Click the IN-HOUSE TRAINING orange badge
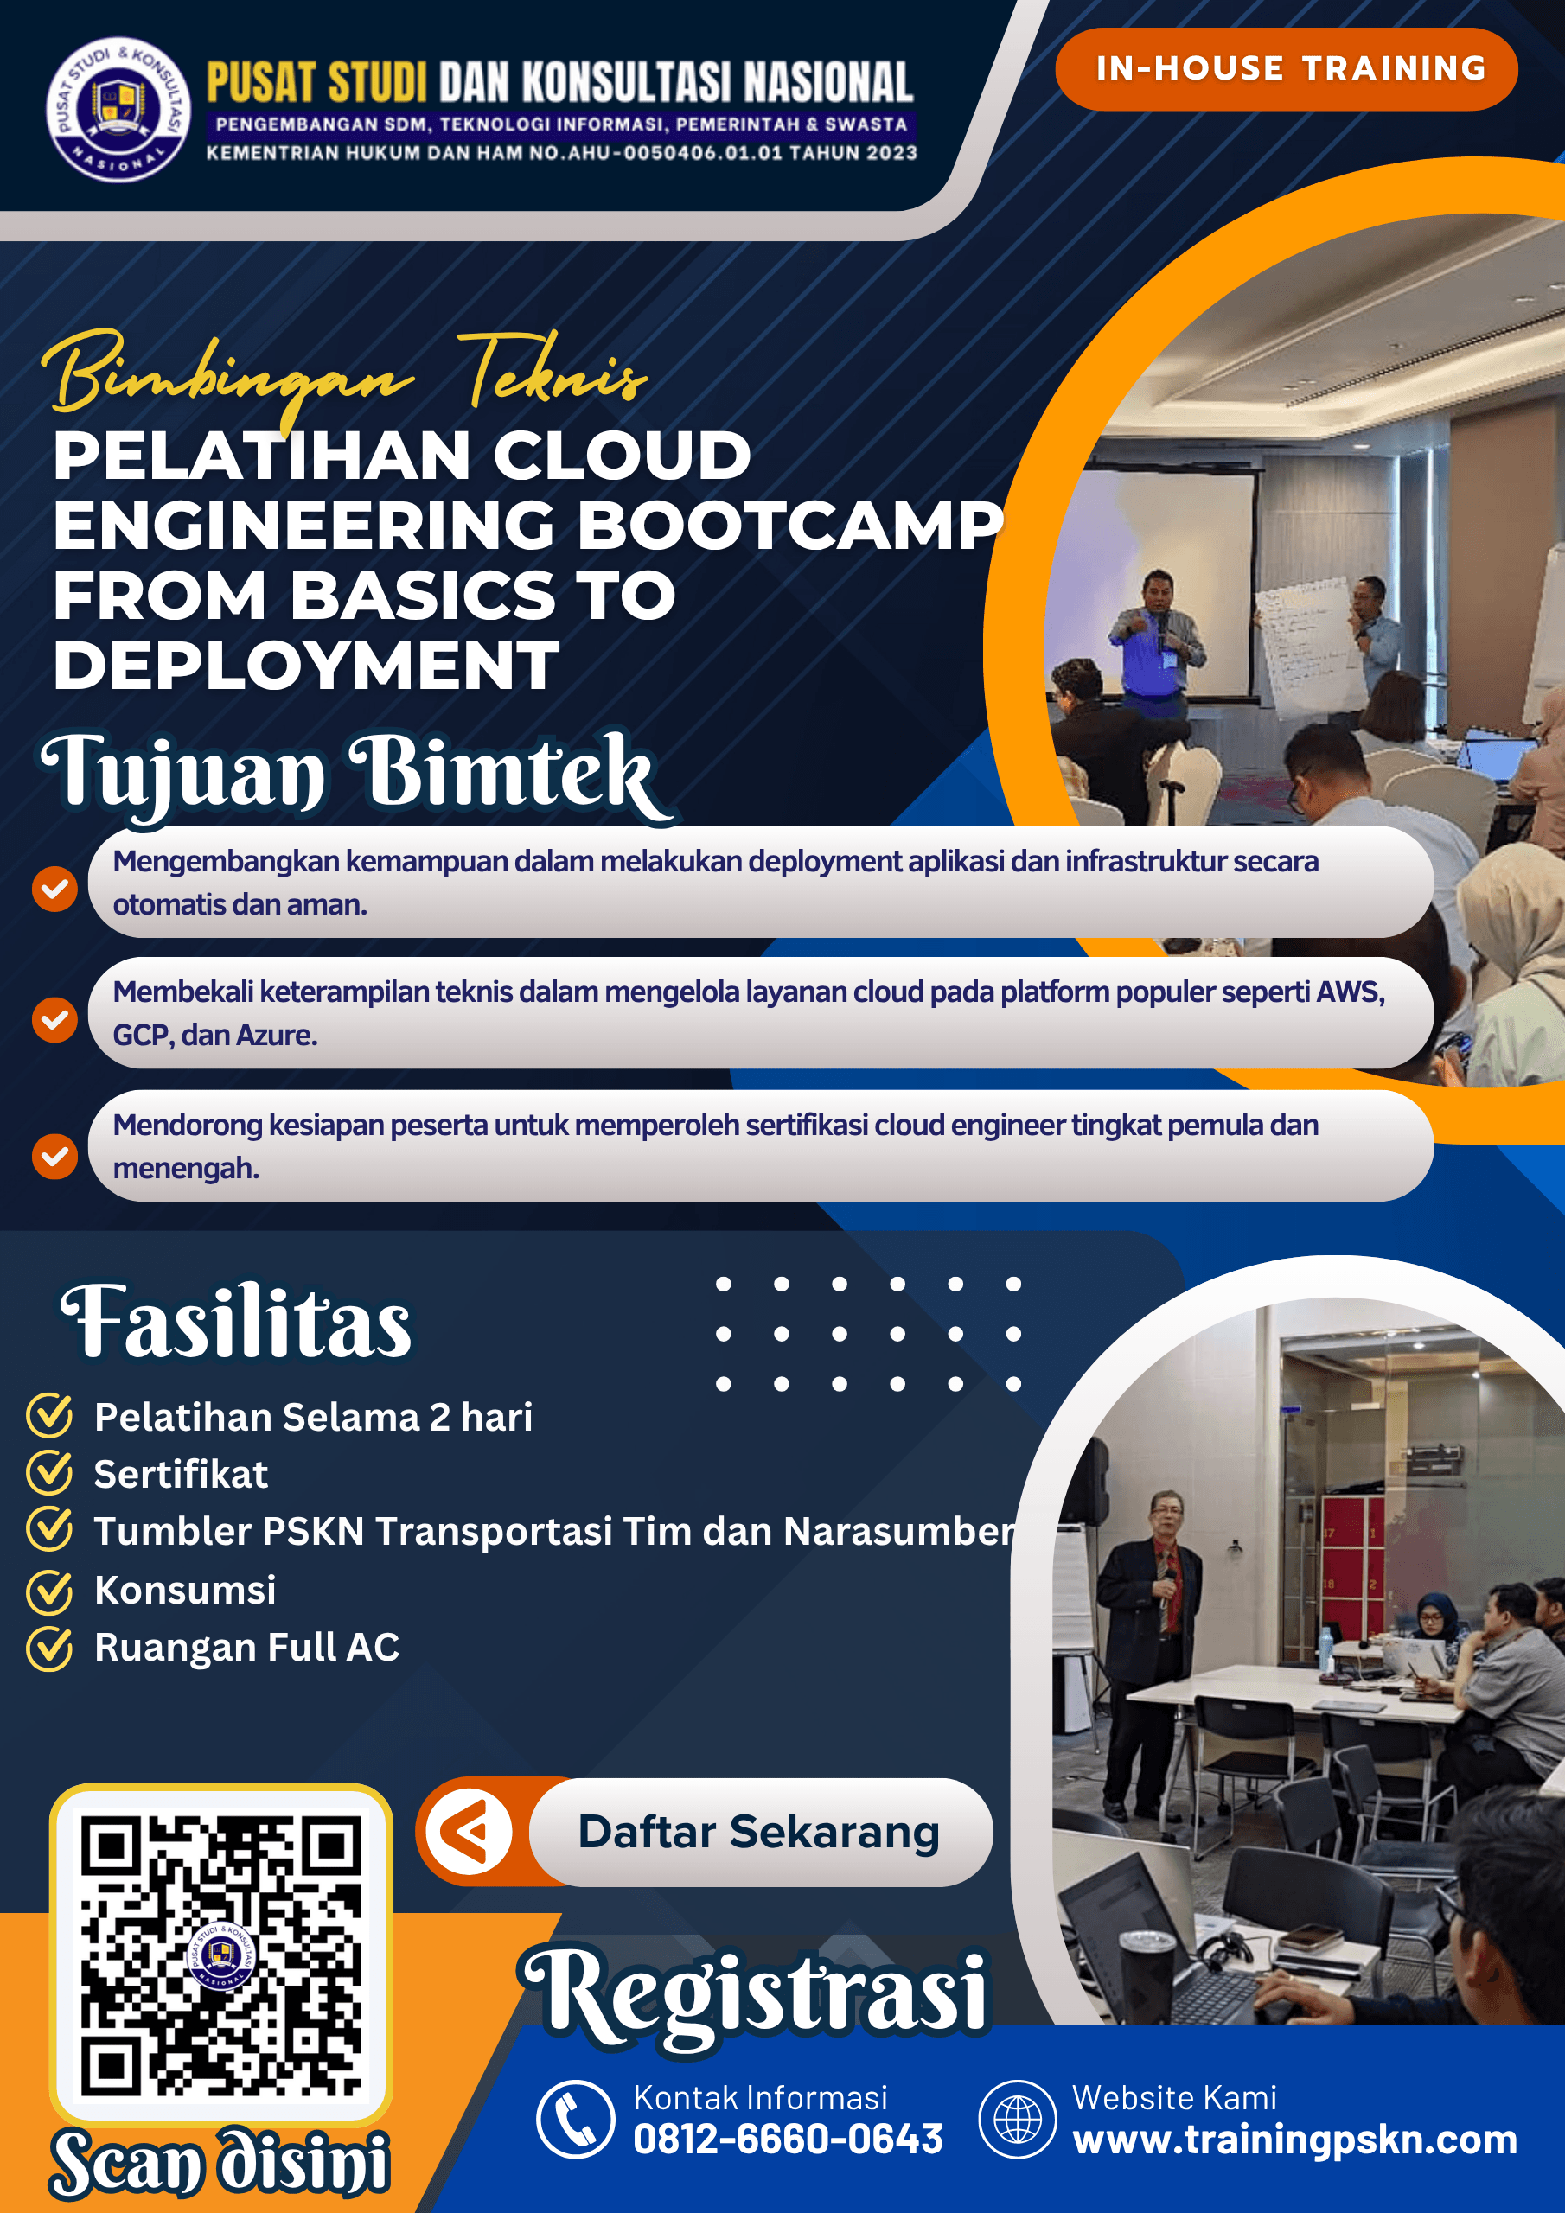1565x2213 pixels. tap(1287, 68)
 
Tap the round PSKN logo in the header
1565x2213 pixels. tap(119, 109)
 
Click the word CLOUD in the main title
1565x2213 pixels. tap(622, 455)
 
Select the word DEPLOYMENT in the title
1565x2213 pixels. tap(306, 665)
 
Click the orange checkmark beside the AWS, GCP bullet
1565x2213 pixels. tap(55, 1019)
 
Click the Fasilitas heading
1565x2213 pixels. tap(236, 1322)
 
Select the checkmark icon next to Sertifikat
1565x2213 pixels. tap(49, 1472)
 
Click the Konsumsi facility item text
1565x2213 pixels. tap(185, 1590)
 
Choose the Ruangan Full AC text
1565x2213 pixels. tap(246, 1648)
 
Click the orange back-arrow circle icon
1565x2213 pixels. tap(469, 1831)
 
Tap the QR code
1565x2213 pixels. tap(220, 1955)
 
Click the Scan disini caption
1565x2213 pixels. tap(220, 2161)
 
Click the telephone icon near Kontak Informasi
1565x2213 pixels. tap(576, 2120)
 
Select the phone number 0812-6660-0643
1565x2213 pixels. tap(788, 2139)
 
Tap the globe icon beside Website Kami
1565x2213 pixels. tap(1018, 2120)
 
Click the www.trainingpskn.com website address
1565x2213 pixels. tap(1295, 2140)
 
